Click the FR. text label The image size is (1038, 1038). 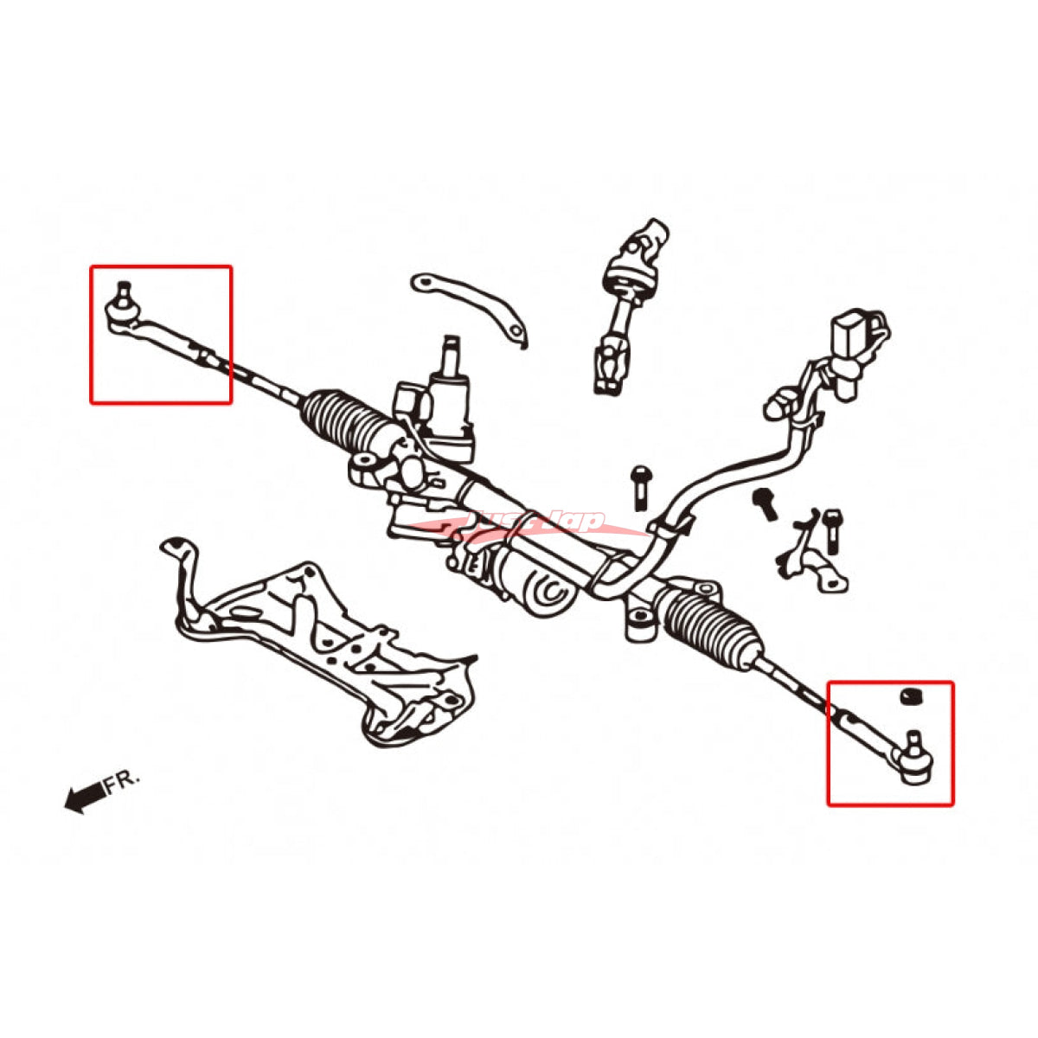122,782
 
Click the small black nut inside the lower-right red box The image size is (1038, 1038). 908,695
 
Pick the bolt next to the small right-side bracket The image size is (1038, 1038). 831,530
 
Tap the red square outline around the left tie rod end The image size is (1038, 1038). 161,267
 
